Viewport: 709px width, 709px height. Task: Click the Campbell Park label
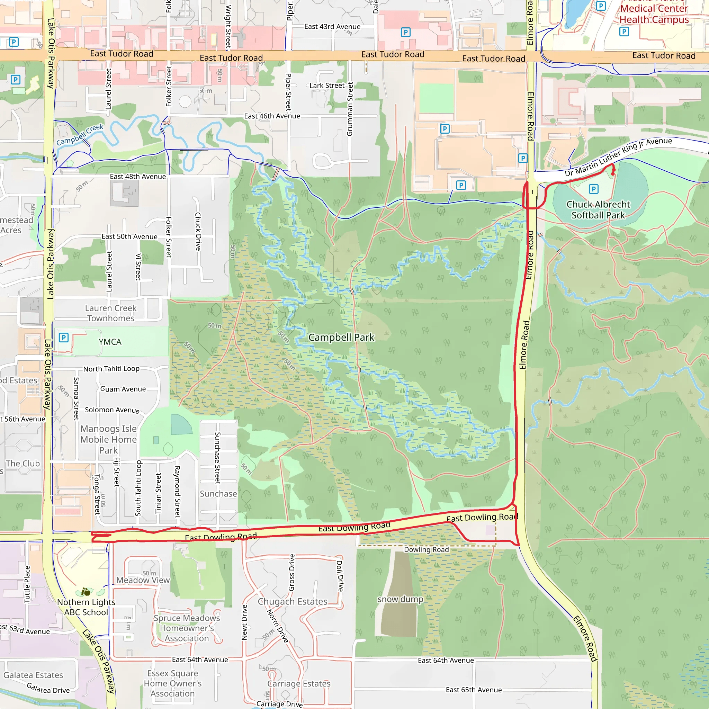tap(341, 337)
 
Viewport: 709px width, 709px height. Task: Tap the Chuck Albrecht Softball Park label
tap(598, 209)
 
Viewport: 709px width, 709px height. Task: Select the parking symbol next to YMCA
tap(63, 337)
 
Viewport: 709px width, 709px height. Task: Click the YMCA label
tap(110, 342)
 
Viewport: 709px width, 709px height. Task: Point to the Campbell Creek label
tap(80, 135)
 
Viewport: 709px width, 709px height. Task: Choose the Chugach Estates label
tap(292, 601)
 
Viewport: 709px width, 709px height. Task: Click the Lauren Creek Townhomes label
tap(110, 313)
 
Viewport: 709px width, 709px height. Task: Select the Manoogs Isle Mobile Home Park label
tap(108, 439)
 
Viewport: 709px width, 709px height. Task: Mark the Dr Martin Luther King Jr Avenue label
tap(618, 156)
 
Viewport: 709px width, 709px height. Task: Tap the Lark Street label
tap(326, 86)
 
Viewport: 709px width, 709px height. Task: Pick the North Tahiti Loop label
tap(111, 368)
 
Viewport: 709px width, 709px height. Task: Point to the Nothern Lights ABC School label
tap(86, 607)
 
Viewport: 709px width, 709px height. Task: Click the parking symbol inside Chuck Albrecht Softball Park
tap(593, 189)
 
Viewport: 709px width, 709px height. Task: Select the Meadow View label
tap(143, 580)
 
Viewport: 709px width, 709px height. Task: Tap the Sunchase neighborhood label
tap(218, 494)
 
